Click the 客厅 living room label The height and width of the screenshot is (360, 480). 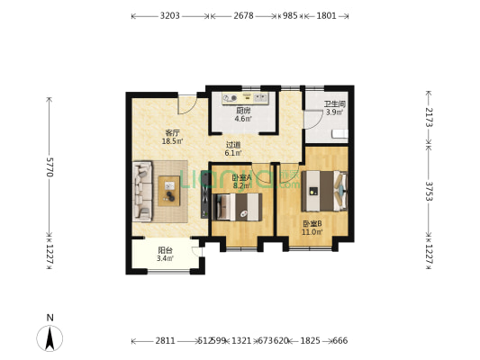tap(172, 132)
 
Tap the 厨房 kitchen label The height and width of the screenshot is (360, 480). tap(243, 111)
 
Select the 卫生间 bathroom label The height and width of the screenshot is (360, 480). tap(334, 103)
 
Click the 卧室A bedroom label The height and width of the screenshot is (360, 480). tap(241, 178)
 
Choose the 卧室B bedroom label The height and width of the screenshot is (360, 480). tap(312, 223)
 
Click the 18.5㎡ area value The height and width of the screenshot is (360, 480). tap(172, 141)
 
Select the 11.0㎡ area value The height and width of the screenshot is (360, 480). tap(312, 232)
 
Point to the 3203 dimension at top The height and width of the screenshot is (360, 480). tap(170, 16)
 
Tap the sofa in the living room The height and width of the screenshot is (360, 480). tap(144, 191)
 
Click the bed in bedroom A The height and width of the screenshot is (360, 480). tap(236, 207)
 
